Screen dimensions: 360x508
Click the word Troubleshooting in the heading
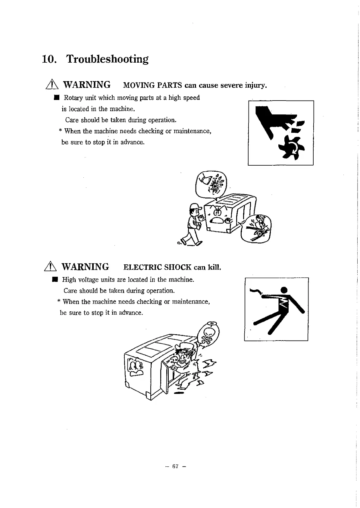point(107,59)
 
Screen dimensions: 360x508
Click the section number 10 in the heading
point(48,59)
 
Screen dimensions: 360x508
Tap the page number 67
point(175,466)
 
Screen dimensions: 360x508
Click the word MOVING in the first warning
point(137,86)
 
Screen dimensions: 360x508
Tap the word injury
point(255,86)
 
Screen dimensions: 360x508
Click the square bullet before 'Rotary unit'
point(56,98)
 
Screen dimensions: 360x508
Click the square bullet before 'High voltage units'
point(55,280)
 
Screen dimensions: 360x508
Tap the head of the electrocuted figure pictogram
point(284,290)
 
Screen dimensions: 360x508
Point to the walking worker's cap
point(195,207)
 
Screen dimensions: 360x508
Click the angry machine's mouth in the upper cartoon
point(215,221)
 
